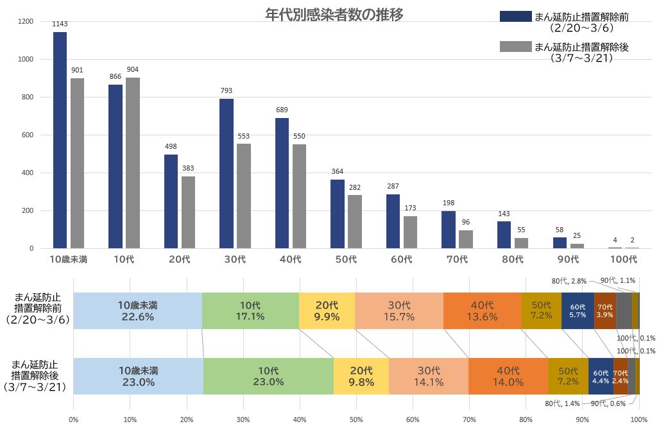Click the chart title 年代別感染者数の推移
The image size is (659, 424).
[334, 15]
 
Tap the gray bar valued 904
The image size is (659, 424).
[133, 163]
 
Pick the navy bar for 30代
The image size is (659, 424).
[227, 173]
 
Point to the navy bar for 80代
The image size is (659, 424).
[504, 235]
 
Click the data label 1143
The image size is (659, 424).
[60, 24]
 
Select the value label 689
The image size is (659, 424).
[282, 110]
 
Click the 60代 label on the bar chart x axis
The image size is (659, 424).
[402, 260]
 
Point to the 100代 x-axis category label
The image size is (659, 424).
[624, 260]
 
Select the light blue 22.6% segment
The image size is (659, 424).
[138, 310]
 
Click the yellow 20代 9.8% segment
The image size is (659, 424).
[361, 376]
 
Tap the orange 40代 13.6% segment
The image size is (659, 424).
[482, 310]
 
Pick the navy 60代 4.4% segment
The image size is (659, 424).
[601, 376]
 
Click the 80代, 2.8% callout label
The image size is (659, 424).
[568, 281]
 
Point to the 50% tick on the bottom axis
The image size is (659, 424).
[356, 420]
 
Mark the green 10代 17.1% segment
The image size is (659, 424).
[250, 310]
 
